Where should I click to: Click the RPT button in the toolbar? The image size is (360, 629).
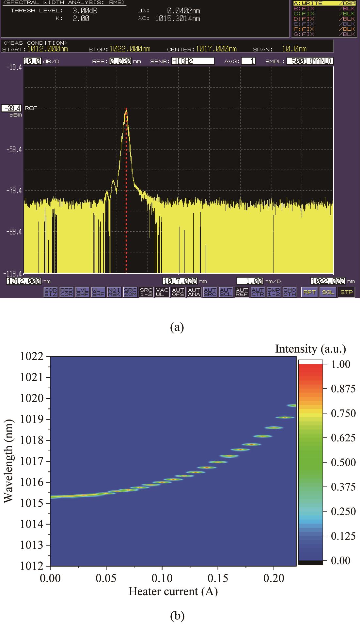(309, 292)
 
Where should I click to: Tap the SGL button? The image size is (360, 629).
(328, 292)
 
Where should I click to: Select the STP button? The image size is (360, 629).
(346, 292)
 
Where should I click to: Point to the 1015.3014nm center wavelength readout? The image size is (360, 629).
(177, 19)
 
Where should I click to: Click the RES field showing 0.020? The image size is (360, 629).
(120, 61)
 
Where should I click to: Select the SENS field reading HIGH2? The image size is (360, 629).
(193, 61)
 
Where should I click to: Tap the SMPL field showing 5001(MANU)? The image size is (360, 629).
(310, 61)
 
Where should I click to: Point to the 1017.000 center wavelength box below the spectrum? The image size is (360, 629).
(180, 281)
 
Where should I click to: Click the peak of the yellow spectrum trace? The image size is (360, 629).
(126, 110)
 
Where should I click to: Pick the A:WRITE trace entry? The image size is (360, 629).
(323, 3)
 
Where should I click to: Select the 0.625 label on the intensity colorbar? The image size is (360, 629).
(343, 438)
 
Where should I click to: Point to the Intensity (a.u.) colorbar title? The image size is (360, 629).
(310, 349)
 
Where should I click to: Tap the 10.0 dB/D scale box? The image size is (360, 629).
(32, 61)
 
